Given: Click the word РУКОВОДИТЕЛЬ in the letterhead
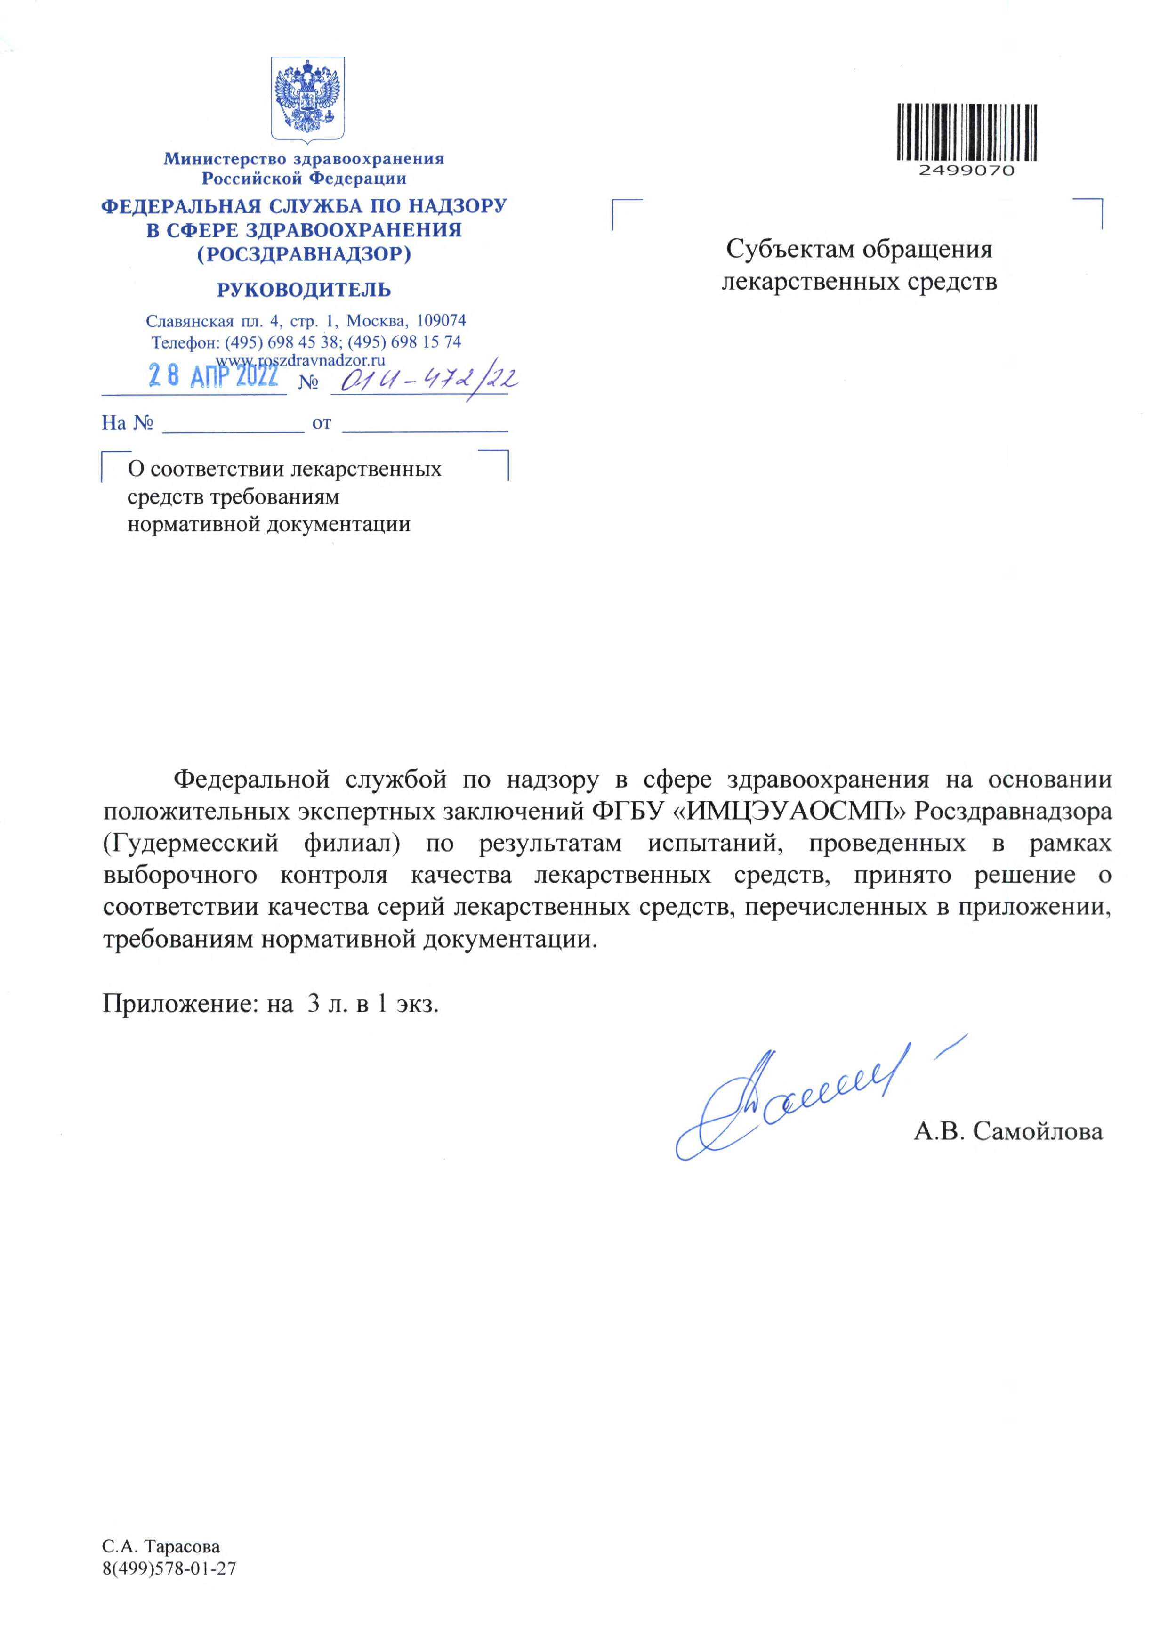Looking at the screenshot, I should pyautogui.click(x=304, y=290).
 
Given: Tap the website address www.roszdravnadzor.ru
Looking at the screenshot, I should pyautogui.click(x=301, y=360).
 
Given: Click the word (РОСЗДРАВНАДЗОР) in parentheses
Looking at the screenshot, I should pyautogui.click(x=304, y=254).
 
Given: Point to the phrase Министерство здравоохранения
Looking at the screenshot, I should pyautogui.click(x=304, y=159).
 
